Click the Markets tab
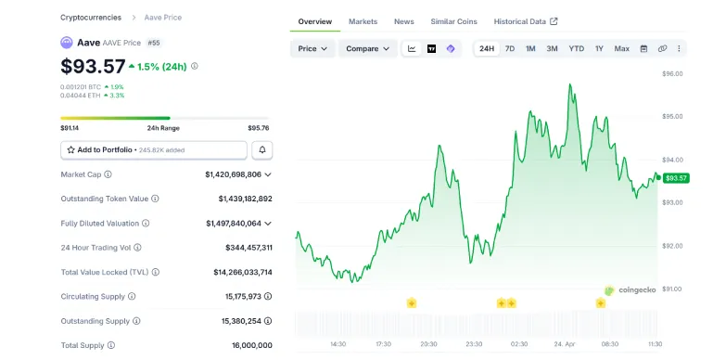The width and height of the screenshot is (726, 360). (363, 21)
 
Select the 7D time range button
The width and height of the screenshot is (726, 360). (510, 48)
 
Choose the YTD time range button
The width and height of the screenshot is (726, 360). (576, 48)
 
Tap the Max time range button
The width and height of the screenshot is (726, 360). (621, 48)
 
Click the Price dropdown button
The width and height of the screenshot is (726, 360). (312, 48)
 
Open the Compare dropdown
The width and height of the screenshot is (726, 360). (367, 48)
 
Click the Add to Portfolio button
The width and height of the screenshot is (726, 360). (154, 149)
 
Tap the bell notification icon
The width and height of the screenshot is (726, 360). (262, 149)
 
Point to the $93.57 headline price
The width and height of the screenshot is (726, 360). (93, 67)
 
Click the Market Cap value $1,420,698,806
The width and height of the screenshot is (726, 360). (233, 174)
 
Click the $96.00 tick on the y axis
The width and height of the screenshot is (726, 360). (672, 73)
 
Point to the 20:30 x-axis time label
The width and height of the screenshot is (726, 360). (428, 344)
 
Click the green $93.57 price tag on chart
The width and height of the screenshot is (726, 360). (676, 178)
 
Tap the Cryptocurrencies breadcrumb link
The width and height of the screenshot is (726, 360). (91, 18)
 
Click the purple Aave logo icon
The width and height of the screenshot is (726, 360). (67, 43)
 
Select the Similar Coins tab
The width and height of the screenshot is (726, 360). (453, 21)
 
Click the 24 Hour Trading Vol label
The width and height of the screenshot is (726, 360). (95, 248)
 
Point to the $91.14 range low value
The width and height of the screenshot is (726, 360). (70, 128)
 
